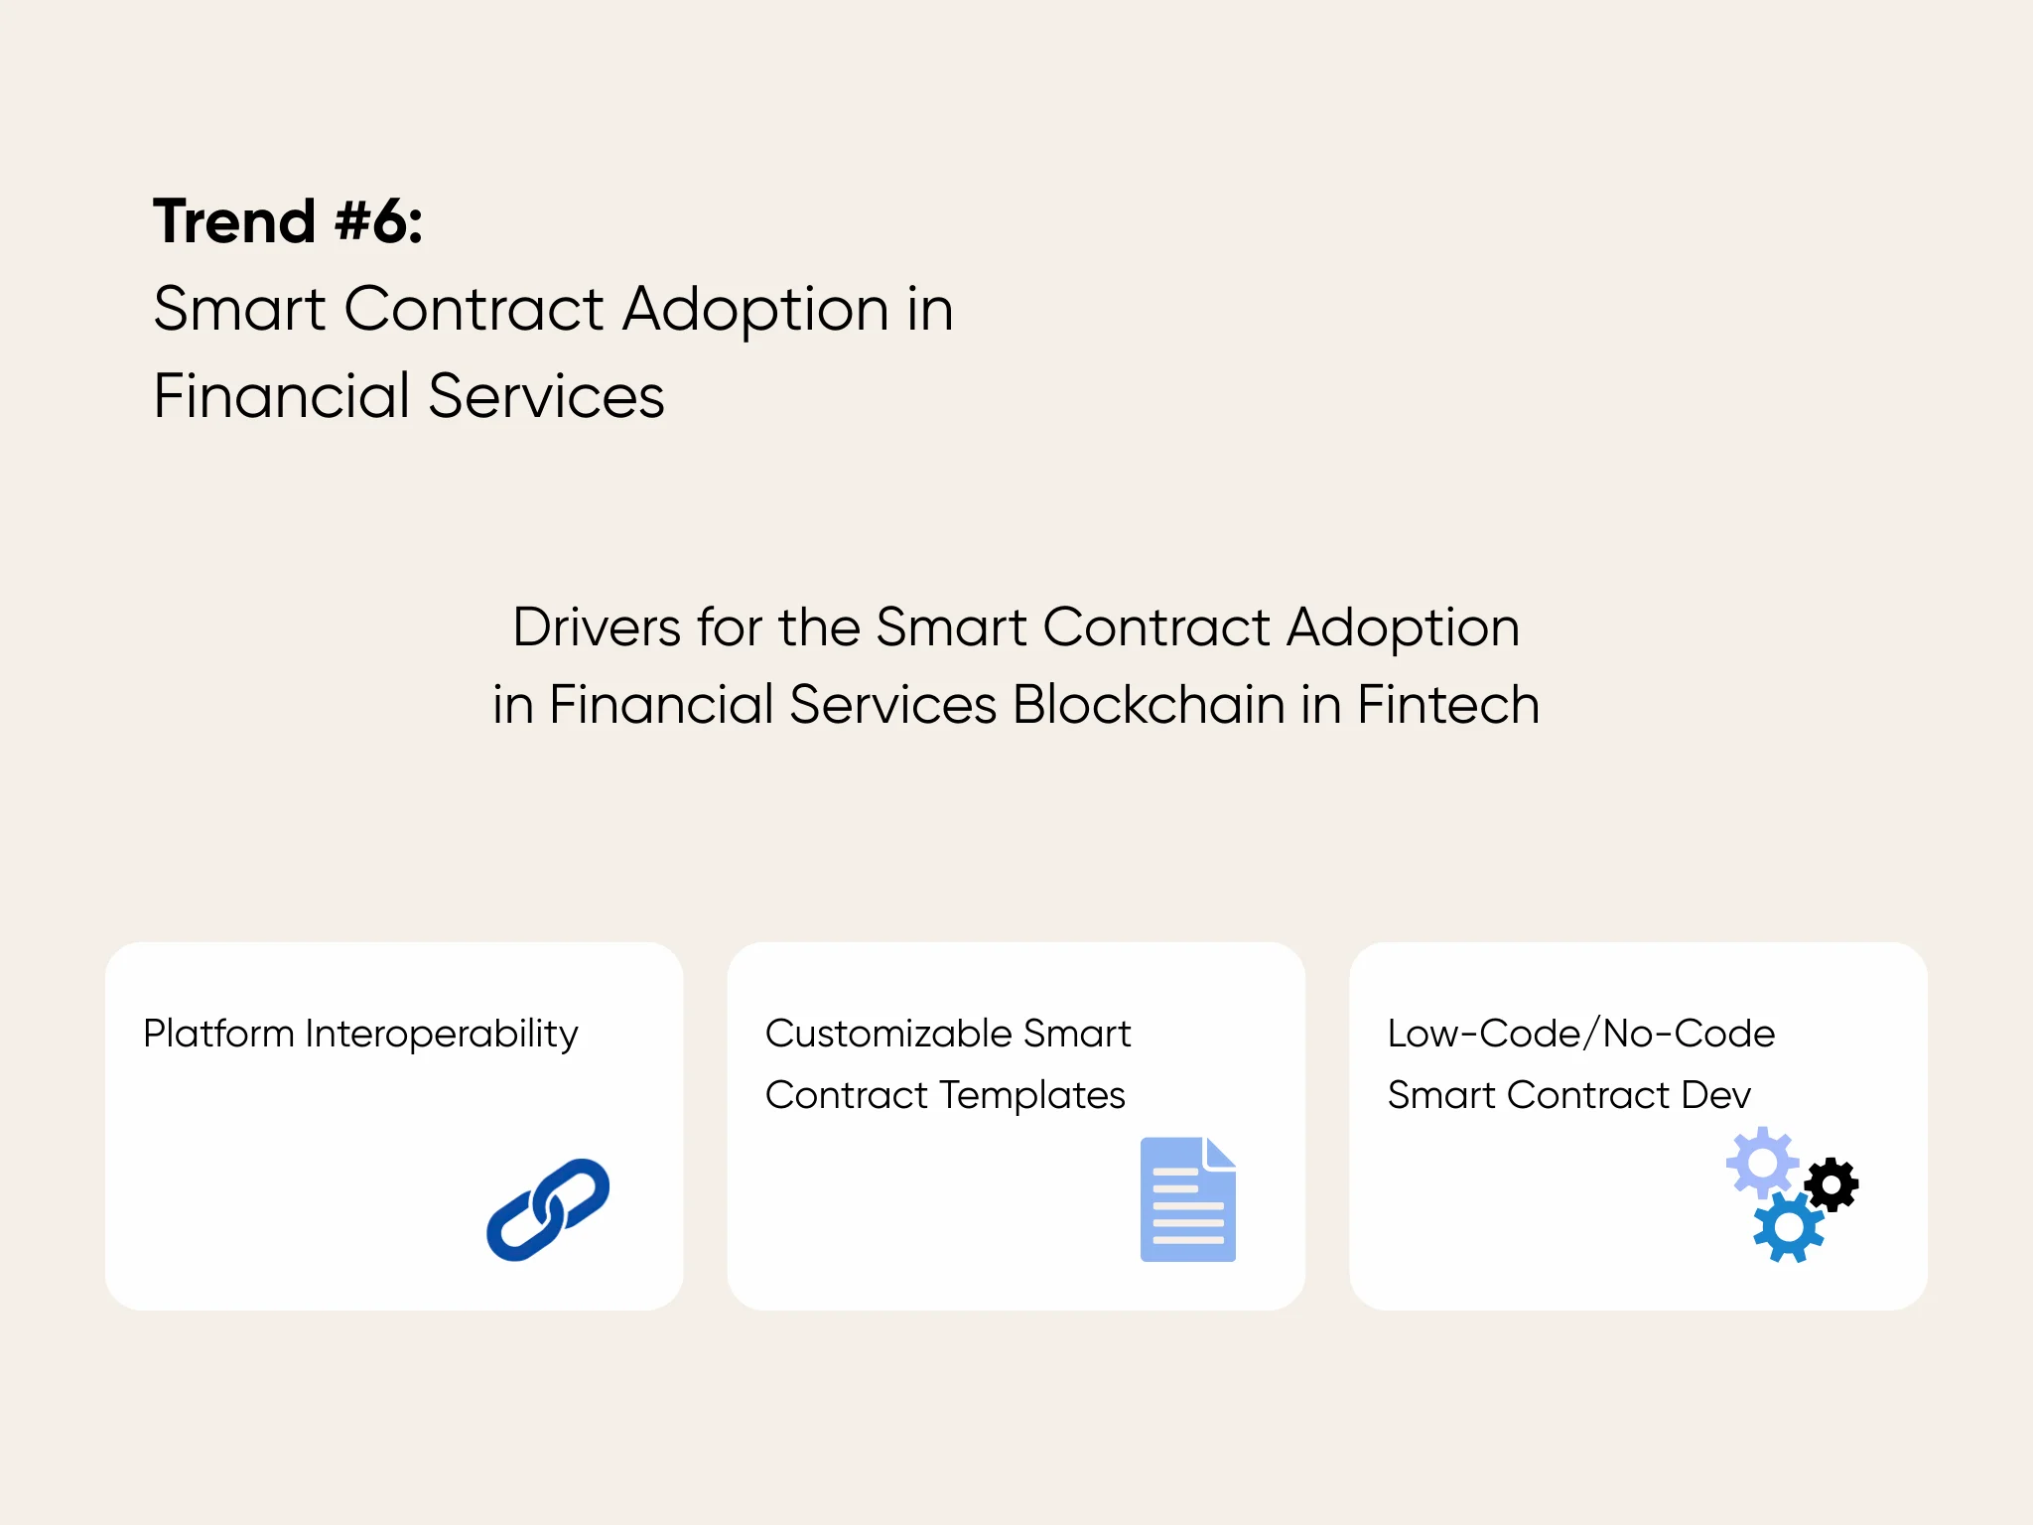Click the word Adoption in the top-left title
[x=755, y=310]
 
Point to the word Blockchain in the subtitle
[x=1149, y=705]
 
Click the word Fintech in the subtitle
[x=1447, y=705]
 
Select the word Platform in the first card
[x=218, y=1035]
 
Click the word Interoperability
[x=441, y=1035]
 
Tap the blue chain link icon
[x=548, y=1209]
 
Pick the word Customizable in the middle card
[x=887, y=1035]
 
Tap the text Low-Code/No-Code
[x=1580, y=1035]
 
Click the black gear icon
[x=1831, y=1184]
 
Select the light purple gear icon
[x=1762, y=1162]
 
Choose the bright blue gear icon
[x=1789, y=1228]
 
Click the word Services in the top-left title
[x=546, y=396]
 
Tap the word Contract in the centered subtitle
[x=1155, y=627]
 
